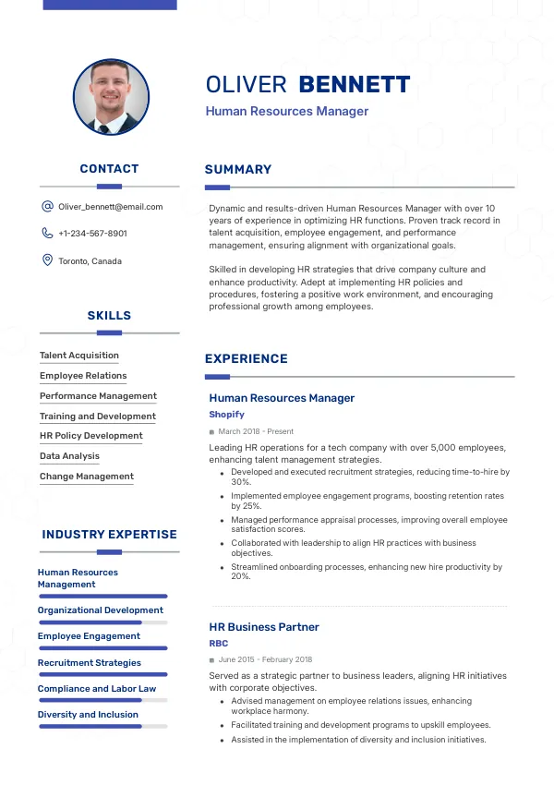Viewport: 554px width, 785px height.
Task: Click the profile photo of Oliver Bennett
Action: point(111,97)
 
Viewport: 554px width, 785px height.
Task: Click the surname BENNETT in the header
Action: point(354,85)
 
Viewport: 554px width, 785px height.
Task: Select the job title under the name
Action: point(287,112)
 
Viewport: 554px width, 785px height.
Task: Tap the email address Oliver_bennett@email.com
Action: point(110,207)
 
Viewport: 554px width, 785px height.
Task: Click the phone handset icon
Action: point(47,234)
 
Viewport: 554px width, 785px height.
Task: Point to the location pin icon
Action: point(47,260)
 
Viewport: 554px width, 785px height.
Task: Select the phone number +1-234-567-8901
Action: point(92,234)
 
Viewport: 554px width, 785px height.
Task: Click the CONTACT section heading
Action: point(109,169)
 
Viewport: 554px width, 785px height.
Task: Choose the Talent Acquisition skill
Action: point(79,356)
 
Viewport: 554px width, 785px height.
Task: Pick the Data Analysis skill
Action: point(69,456)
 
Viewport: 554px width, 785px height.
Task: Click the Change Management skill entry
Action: point(87,477)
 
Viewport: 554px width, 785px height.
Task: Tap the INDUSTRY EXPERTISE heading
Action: point(109,535)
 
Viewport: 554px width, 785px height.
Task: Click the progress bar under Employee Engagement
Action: point(102,648)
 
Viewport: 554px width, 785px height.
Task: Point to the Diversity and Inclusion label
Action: point(88,715)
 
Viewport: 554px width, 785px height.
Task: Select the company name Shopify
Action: point(226,415)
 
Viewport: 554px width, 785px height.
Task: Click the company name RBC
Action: point(219,644)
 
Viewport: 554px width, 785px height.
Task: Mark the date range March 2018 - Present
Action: point(256,431)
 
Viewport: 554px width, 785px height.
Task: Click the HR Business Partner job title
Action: point(264,627)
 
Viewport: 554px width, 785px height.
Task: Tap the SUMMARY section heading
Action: point(238,170)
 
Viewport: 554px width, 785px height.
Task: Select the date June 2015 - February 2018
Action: point(265,660)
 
